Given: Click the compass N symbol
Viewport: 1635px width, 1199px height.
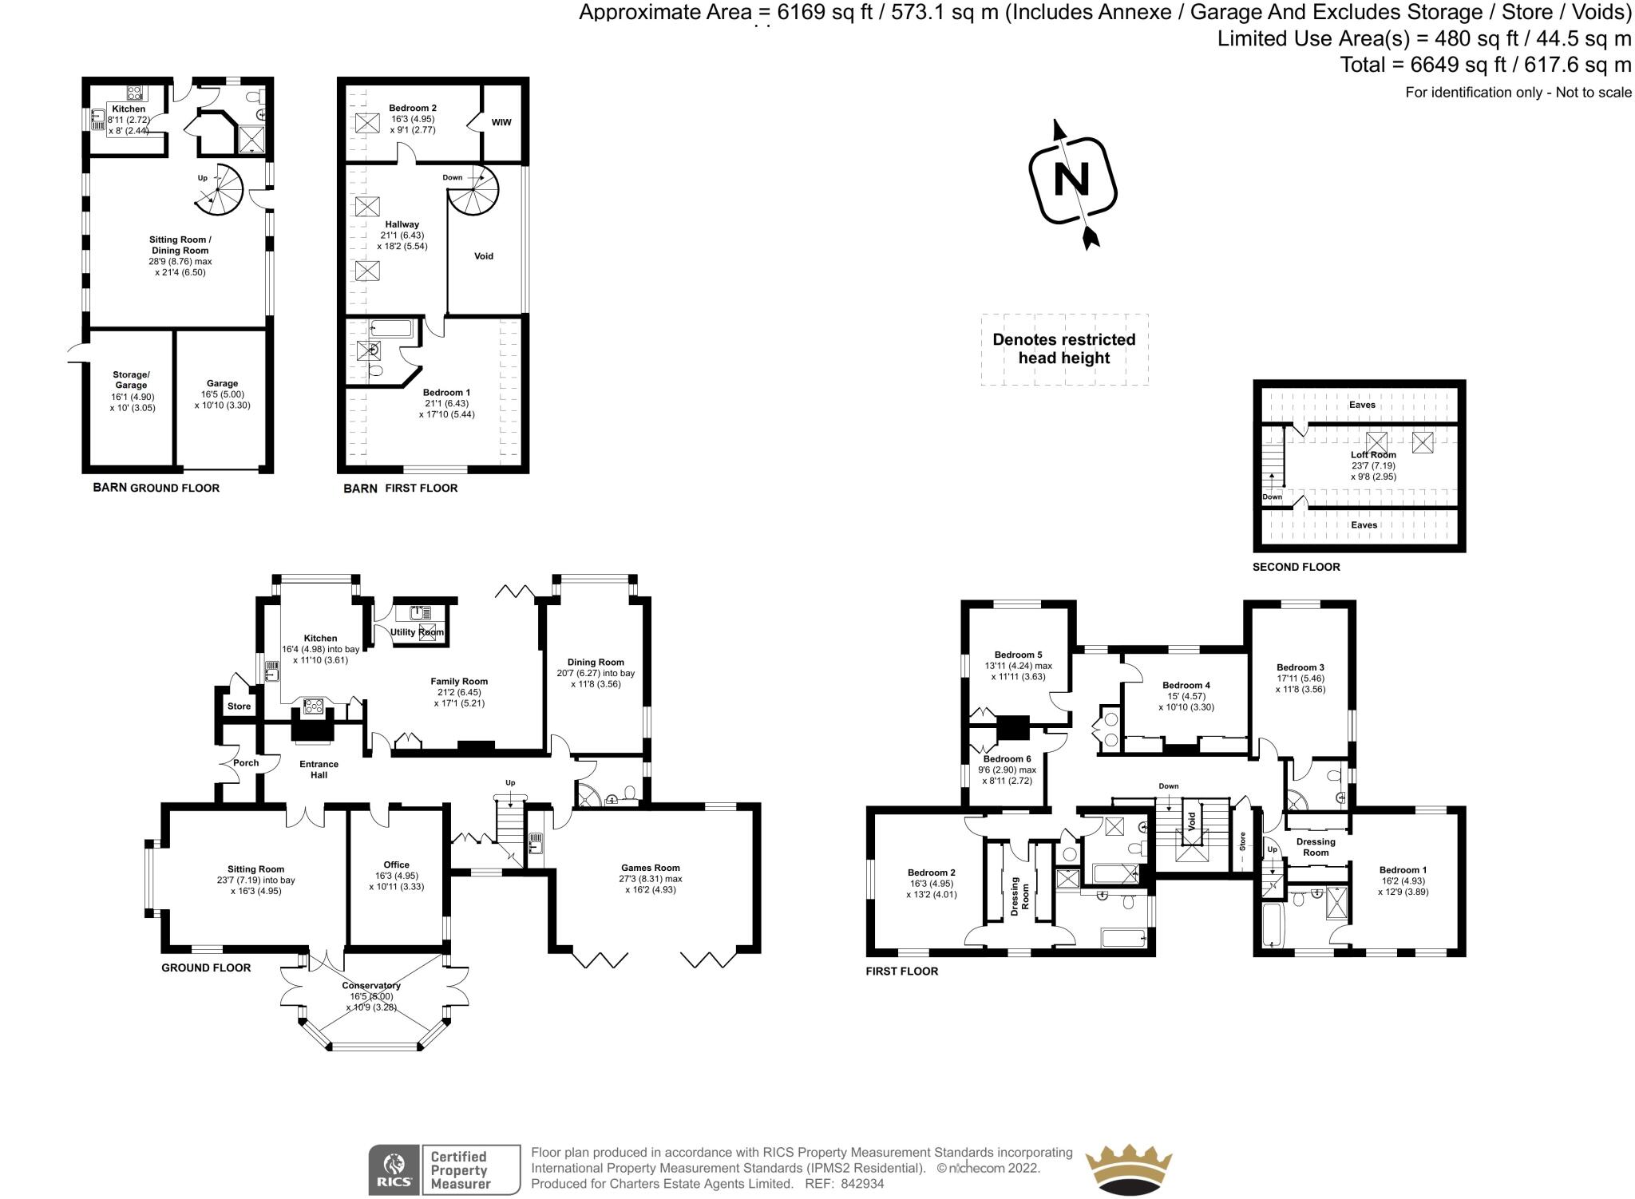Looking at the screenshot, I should (1072, 181).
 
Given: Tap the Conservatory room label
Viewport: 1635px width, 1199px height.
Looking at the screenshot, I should (370, 985).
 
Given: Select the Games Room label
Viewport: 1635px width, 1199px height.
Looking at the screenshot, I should (650, 868).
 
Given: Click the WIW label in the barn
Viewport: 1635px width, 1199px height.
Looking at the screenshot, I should (501, 122).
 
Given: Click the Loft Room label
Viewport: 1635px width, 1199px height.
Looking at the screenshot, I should (1373, 455).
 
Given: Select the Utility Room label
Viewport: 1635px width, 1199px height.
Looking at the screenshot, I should (416, 632).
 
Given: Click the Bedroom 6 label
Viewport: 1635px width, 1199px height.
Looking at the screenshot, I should (1007, 758).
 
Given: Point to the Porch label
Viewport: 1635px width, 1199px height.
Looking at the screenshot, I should (246, 763).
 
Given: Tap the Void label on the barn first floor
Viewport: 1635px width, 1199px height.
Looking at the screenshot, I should (484, 256).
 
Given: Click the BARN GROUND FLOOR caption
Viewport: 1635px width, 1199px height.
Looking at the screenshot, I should (156, 488).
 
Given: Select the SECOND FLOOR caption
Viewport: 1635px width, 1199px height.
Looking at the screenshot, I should (1296, 567).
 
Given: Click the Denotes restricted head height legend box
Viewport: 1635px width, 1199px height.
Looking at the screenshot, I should (1063, 349).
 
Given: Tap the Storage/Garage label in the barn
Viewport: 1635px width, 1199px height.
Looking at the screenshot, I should (131, 380).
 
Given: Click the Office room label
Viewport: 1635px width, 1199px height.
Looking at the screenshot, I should (396, 865).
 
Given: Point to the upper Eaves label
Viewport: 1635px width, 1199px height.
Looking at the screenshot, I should (1362, 405).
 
